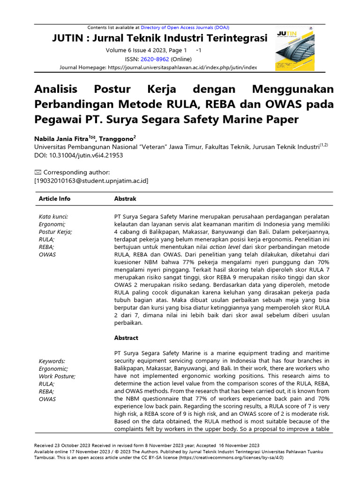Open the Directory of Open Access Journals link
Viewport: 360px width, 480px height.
[185, 28]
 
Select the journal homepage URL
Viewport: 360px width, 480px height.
[182, 67]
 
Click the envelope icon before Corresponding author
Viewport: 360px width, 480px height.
[38, 172]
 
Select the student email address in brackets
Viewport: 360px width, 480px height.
[91, 180]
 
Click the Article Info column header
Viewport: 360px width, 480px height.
[54, 199]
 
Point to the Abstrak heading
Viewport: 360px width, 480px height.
[125, 199]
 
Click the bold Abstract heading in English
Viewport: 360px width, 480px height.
[126, 337]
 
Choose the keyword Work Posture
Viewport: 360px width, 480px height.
[57, 376]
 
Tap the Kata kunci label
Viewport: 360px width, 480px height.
[53, 217]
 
